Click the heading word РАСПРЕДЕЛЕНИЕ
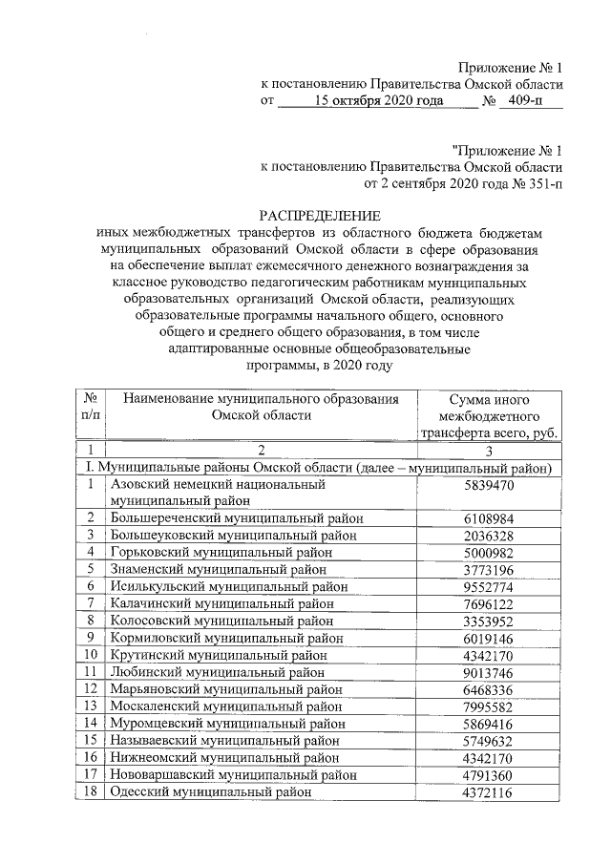coord(320,216)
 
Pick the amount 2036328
coord(487,535)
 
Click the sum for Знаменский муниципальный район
coord(487,570)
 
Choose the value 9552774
coord(487,586)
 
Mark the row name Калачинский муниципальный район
coord(221,603)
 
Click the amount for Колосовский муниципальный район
coord(487,621)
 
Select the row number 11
coord(89,672)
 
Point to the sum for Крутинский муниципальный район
coord(487,656)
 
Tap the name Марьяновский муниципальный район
coord(225,689)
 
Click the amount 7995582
coord(487,706)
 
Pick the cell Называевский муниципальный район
coord(225,740)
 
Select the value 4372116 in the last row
coord(487,792)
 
